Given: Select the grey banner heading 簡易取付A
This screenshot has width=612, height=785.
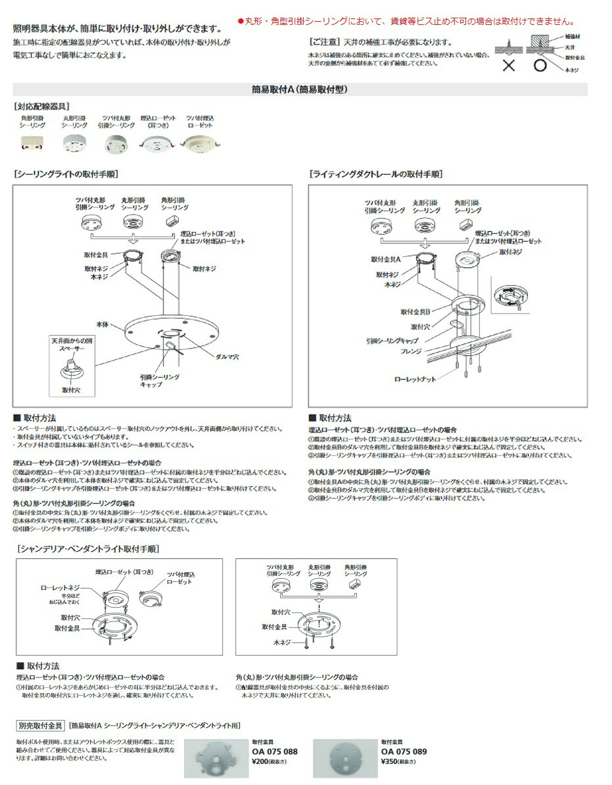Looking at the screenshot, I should coord(299,89).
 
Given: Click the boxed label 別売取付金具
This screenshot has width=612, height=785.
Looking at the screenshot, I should coord(40,726).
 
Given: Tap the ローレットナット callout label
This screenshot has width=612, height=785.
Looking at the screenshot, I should coord(415,380).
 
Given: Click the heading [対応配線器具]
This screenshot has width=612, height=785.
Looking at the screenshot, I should coord(41,106).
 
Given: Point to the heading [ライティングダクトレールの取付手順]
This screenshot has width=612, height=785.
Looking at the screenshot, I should coord(376,175).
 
